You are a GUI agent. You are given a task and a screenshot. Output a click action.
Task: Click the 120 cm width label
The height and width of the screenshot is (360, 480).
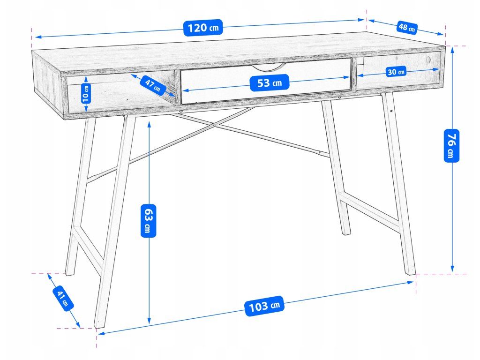[203, 28]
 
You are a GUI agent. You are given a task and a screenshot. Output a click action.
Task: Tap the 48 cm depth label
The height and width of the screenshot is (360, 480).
[406, 27]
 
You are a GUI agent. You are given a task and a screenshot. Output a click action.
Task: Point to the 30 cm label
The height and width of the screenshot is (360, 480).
[396, 72]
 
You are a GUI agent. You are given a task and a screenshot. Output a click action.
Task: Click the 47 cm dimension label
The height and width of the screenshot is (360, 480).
[153, 85]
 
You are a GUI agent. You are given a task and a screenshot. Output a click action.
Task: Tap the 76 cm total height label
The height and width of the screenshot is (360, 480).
[451, 145]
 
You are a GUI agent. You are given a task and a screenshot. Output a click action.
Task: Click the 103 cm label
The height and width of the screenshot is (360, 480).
[264, 307]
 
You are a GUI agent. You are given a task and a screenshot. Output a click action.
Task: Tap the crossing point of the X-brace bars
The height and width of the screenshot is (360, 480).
[214, 125]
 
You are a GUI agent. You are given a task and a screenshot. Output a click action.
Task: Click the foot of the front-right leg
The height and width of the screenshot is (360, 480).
[410, 272]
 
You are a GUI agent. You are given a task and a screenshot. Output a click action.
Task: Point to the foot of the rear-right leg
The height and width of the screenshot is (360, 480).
[345, 232]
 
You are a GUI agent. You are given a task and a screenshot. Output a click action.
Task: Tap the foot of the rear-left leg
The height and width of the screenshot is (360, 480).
[69, 273]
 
